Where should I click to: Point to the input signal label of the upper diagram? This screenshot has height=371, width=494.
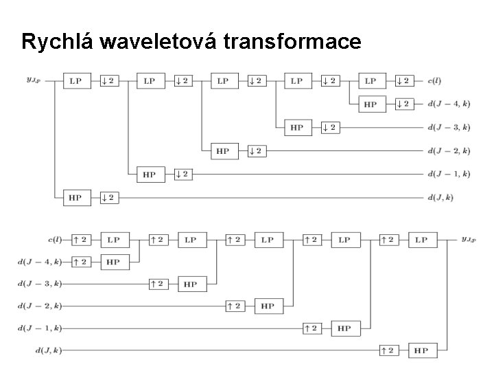point(33,80)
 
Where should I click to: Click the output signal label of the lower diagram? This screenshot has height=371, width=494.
point(468,239)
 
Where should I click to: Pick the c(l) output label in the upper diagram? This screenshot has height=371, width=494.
point(436,80)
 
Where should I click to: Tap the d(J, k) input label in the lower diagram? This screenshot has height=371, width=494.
point(47,350)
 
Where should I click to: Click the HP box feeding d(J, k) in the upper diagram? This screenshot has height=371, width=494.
point(75,198)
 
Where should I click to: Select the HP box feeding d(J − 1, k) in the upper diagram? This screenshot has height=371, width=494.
point(149,175)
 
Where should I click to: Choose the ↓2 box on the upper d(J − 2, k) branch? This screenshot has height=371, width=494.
point(255,151)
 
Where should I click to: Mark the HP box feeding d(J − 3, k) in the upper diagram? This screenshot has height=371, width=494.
point(296,128)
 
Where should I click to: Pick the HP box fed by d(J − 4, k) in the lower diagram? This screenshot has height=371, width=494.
point(113,262)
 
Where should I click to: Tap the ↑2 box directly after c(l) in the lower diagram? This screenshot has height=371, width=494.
point(81,240)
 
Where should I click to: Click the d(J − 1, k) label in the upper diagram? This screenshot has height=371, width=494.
point(447,174)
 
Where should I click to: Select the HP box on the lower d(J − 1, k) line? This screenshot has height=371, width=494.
point(344,328)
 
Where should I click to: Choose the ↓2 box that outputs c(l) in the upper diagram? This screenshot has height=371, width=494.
point(403,81)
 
